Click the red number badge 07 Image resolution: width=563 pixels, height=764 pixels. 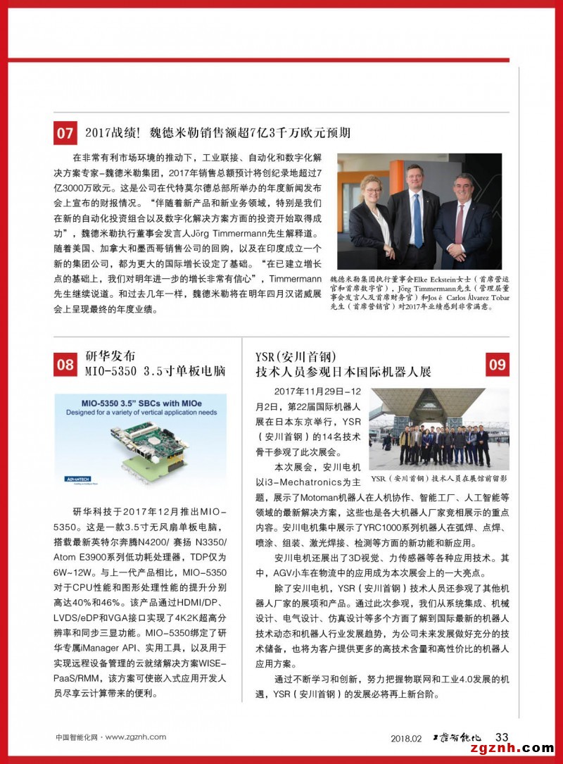[65, 133]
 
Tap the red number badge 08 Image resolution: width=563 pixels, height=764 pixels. [65, 364]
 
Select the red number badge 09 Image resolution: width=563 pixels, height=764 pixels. [497, 364]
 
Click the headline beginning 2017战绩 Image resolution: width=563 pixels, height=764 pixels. [217, 132]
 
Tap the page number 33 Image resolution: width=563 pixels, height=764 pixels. [502, 737]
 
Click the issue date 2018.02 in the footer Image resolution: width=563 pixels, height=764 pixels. [406, 738]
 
